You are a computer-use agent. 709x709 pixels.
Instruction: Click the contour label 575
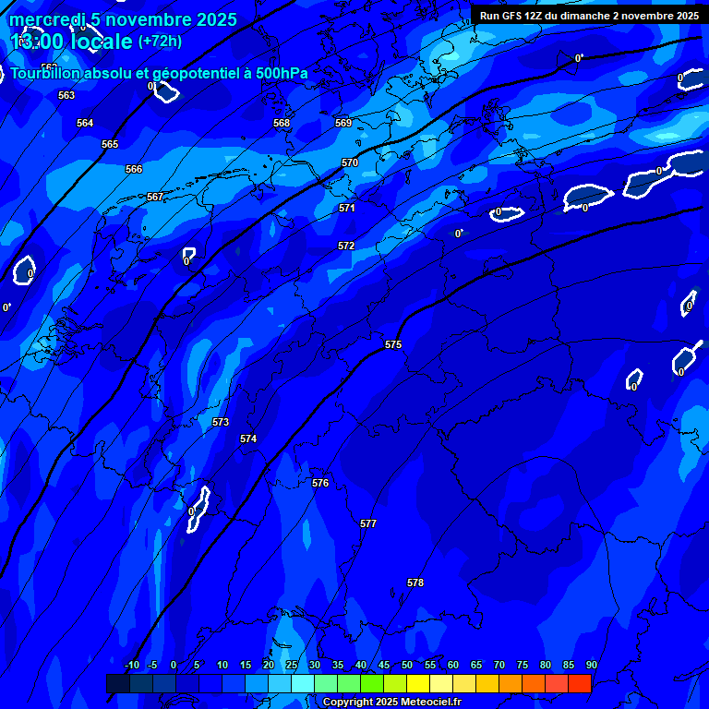click(x=393, y=344)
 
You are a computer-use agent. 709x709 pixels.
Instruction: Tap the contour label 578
click(x=415, y=583)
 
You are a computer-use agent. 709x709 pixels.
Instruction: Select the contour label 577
click(x=368, y=523)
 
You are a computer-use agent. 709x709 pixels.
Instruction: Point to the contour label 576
click(x=320, y=483)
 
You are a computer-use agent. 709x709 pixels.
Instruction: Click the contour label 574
click(x=248, y=439)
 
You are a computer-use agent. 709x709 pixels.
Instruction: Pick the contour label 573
click(x=221, y=422)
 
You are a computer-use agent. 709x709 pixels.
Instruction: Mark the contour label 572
click(x=346, y=246)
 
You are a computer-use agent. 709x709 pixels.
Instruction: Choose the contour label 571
click(x=347, y=208)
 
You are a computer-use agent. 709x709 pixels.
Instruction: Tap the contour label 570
click(x=350, y=162)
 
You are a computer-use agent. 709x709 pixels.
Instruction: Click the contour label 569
click(x=343, y=123)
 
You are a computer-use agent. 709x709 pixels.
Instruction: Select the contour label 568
click(x=282, y=123)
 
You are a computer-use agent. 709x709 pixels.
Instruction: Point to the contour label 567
click(x=155, y=197)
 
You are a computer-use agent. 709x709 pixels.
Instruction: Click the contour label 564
click(x=85, y=123)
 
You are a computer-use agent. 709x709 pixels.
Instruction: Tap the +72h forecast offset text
click(x=160, y=42)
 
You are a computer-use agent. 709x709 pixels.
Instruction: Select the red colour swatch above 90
click(x=580, y=683)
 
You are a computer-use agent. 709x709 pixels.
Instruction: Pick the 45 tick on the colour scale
click(x=384, y=665)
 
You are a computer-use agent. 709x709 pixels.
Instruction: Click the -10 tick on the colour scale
click(x=132, y=665)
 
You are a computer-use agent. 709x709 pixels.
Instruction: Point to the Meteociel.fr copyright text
click(x=391, y=702)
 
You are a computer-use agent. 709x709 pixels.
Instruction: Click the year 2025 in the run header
click(x=684, y=15)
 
